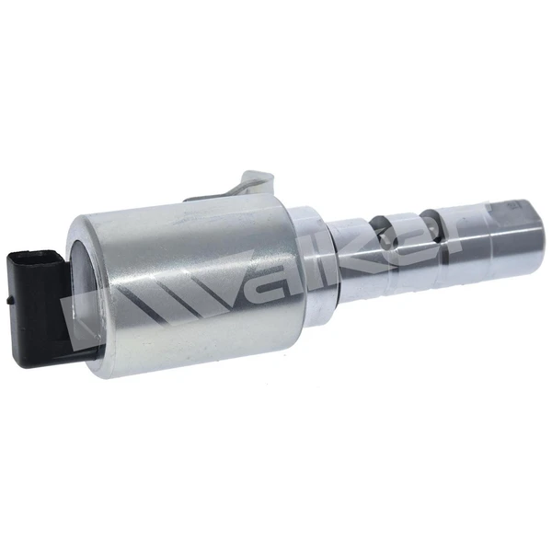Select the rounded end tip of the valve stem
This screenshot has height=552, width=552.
pos(520,225)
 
